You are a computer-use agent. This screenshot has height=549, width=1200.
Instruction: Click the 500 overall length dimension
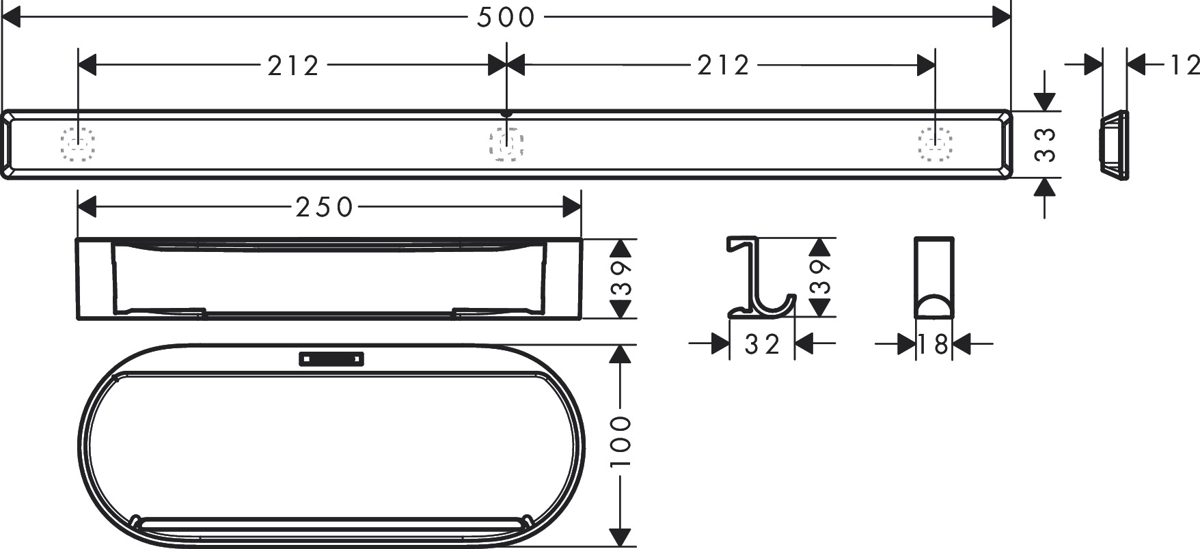(x=505, y=18)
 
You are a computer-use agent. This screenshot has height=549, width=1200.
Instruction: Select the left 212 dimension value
(x=293, y=66)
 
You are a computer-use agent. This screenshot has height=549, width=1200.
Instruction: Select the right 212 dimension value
(x=724, y=66)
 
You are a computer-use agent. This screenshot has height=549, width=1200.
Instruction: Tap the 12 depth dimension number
(x=1184, y=66)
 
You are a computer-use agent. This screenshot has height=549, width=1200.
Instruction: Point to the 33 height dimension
(x=1045, y=145)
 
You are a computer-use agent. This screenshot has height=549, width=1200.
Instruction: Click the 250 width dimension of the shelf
(x=325, y=207)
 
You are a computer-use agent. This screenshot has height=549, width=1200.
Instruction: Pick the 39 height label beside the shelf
(x=621, y=279)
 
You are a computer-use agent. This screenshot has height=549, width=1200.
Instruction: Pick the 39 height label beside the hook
(x=820, y=277)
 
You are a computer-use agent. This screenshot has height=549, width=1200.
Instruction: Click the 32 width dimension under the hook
(x=762, y=345)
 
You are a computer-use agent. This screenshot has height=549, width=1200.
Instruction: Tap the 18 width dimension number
(x=933, y=345)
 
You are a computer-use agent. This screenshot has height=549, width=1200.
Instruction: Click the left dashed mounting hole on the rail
(x=77, y=143)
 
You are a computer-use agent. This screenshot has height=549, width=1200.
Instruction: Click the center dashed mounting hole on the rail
(x=506, y=143)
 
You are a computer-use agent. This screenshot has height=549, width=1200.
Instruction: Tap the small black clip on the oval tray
(x=331, y=358)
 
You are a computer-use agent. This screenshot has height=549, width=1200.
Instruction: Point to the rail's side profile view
(x=1113, y=145)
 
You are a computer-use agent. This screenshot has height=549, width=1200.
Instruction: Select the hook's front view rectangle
(x=933, y=277)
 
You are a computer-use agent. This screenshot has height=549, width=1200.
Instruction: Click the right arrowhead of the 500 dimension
(x=1001, y=18)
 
